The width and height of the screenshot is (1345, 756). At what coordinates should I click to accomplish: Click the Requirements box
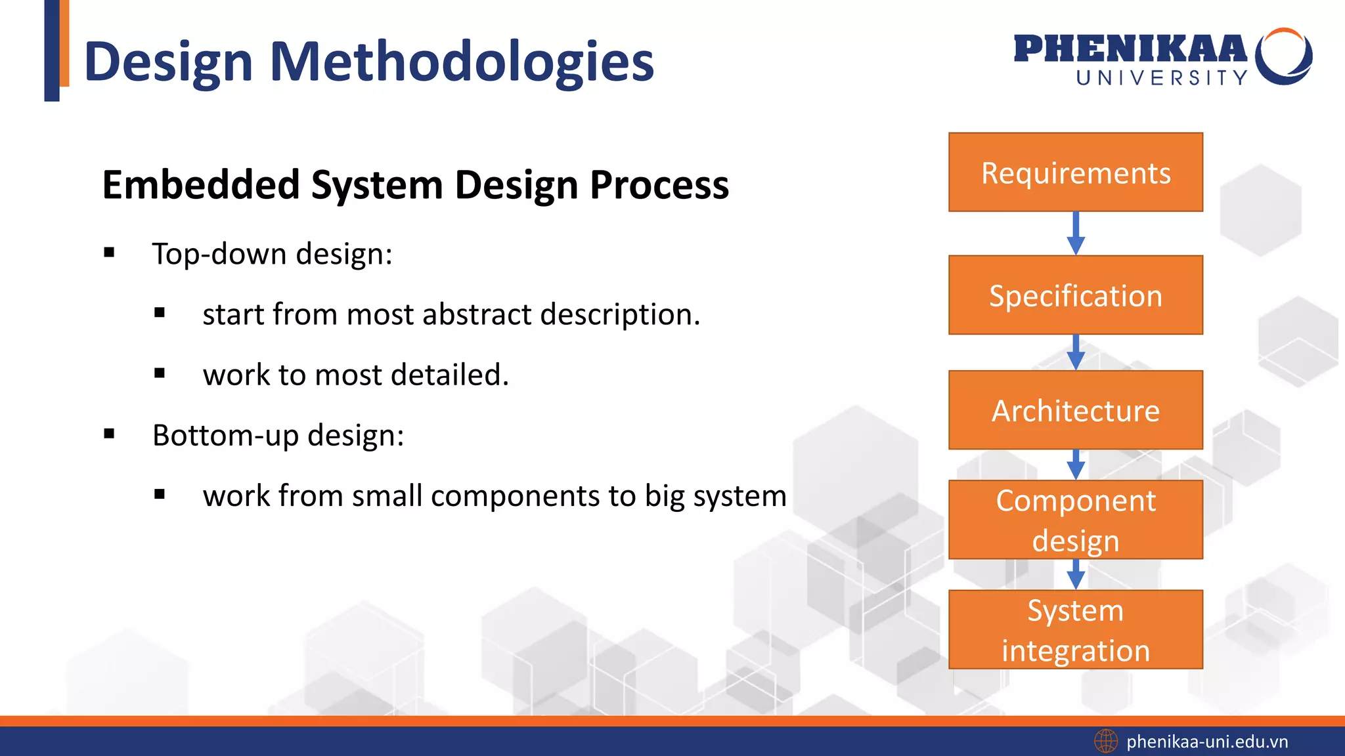pyautogui.click(x=1075, y=172)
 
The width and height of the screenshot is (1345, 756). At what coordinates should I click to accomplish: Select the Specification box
pyautogui.click(x=1075, y=295)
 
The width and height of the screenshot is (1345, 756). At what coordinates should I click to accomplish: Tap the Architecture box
pyautogui.click(x=1075, y=410)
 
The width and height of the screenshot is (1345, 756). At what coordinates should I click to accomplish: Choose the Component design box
pyautogui.click(x=1075, y=520)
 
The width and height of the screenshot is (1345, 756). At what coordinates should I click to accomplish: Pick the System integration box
pyautogui.click(x=1075, y=629)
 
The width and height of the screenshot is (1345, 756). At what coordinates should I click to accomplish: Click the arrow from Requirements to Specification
pyautogui.click(x=1076, y=234)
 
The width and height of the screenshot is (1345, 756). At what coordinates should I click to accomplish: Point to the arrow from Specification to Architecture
pyautogui.click(x=1076, y=353)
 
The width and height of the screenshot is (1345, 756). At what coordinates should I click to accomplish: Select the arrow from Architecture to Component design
pyautogui.click(x=1076, y=465)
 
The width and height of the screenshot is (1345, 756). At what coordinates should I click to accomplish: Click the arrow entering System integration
pyautogui.click(x=1076, y=575)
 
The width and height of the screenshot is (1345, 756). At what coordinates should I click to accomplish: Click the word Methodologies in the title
pyautogui.click(x=462, y=62)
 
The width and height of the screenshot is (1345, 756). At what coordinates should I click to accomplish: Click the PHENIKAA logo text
pyautogui.click(x=1130, y=49)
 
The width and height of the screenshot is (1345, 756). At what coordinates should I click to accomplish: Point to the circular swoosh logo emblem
pyautogui.click(x=1283, y=56)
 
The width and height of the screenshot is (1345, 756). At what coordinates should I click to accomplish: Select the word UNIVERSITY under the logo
pyautogui.click(x=1161, y=78)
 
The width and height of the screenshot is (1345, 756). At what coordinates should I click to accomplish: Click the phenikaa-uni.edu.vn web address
pyautogui.click(x=1207, y=742)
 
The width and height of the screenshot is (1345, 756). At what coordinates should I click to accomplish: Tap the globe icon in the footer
pyautogui.click(x=1106, y=742)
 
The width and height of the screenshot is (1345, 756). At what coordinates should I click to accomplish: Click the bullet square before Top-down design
pyautogui.click(x=109, y=253)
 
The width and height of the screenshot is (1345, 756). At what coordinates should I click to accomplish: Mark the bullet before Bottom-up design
pyautogui.click(x=109, y=434)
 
